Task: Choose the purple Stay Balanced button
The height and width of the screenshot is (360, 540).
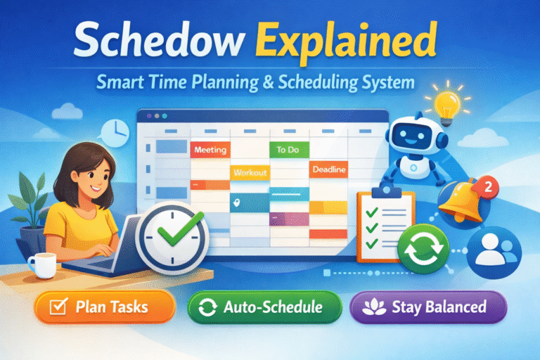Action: (428, 307)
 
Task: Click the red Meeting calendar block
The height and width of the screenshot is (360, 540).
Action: (209, 149)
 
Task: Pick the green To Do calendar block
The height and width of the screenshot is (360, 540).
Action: (288, 149)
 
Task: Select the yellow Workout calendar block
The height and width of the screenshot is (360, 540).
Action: (250, 172)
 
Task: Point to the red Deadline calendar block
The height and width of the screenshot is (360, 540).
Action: (327, 169)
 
